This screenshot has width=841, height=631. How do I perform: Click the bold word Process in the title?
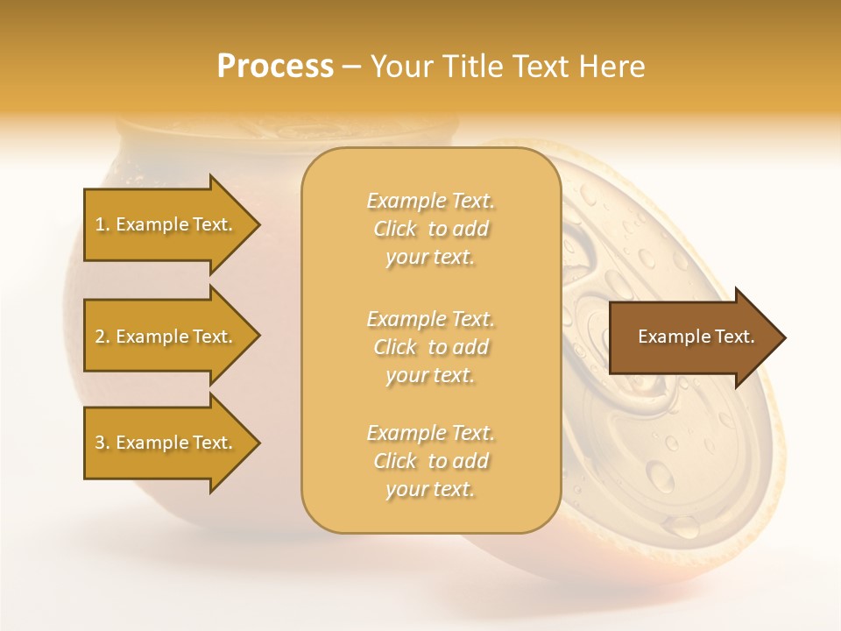[x=275, y=67]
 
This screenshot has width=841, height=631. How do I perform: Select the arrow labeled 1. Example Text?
[x=166, y=225]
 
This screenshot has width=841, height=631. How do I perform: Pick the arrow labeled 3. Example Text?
[x=166, y=443]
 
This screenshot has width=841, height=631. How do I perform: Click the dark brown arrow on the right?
[x=692, y=337]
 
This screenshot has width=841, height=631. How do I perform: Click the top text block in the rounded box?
[x=430, y=229]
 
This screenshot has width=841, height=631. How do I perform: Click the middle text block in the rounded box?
[x=430, y=346]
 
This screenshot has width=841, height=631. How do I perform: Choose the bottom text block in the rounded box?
[x=430, y=461]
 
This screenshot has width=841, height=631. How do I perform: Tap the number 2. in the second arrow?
[x=102, y=337]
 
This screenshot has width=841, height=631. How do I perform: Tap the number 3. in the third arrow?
[x=102, y=443]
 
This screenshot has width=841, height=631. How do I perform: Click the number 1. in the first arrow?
[x=102, y=225]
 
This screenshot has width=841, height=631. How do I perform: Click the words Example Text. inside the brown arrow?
[x=696, y=337]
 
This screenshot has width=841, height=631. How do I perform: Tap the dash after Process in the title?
[x=352, y=67]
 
